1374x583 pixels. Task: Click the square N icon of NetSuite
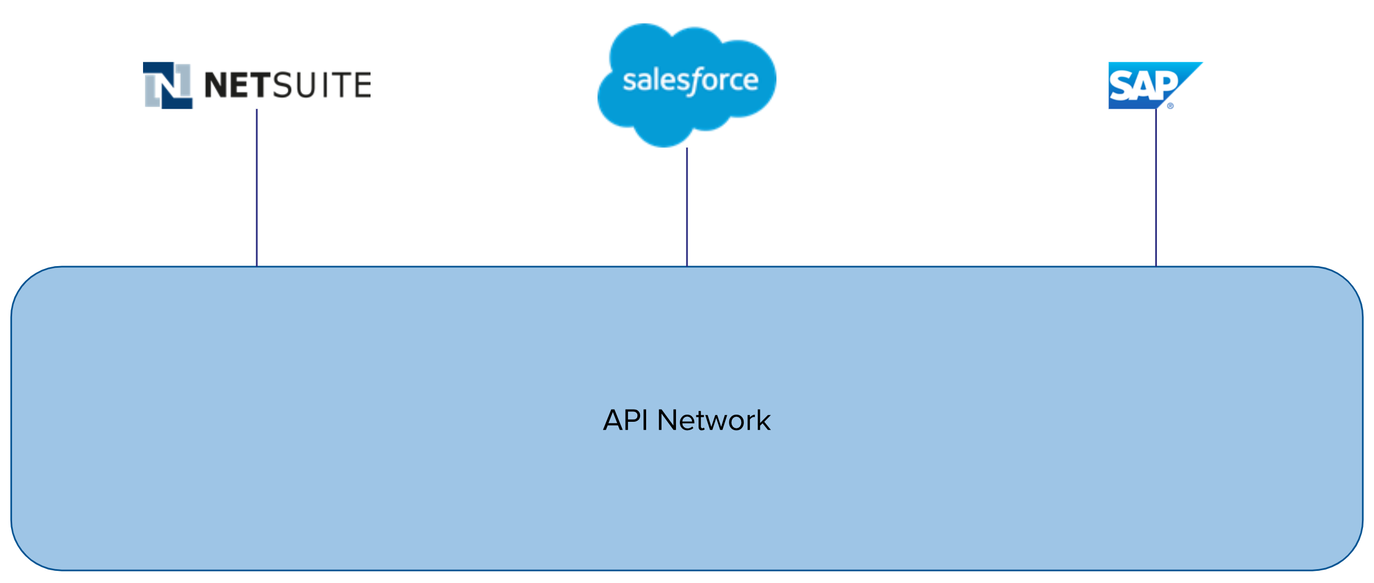tap(168, 85)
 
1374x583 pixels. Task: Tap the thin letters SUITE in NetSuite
tap(322, 85)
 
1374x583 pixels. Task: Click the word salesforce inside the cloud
tap(690, 81)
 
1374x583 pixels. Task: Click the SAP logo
tap(1149, 85)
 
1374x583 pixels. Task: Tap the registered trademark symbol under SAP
tap(1170, 106)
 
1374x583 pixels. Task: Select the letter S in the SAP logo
tap(1120, 87)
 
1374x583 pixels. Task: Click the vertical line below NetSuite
tap(257, 188)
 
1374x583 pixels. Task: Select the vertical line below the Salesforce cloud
tap(687, 207)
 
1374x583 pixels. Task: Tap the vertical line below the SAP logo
tap(1156, 188)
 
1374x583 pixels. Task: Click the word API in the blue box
tap(625, 420)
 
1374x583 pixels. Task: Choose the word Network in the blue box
tap(714, 420)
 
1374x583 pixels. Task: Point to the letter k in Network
tap(762, 420)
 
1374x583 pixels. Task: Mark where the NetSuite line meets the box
tap(257, 267)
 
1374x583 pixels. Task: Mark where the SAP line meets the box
tap(1156, 267)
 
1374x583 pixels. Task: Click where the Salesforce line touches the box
tap(687, 267)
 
